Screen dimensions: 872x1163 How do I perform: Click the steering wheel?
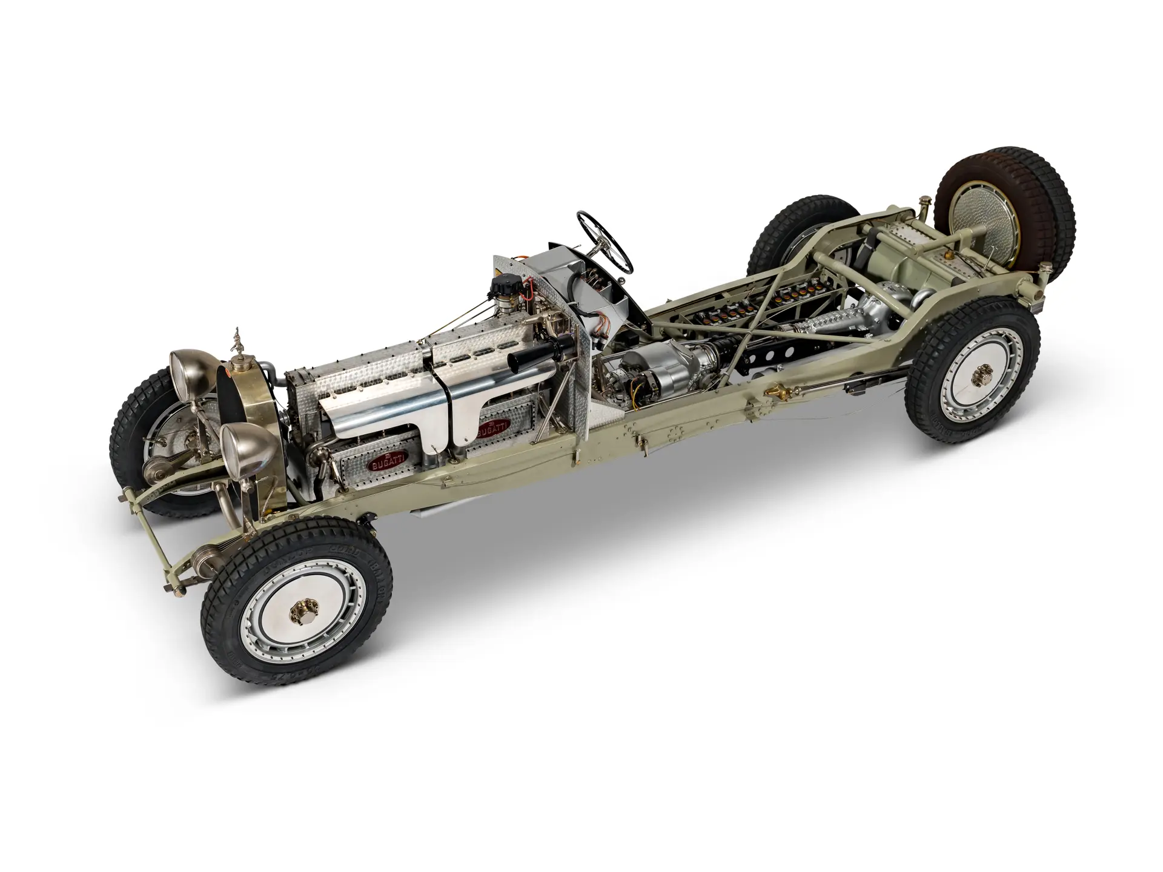[x=605, y=241]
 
